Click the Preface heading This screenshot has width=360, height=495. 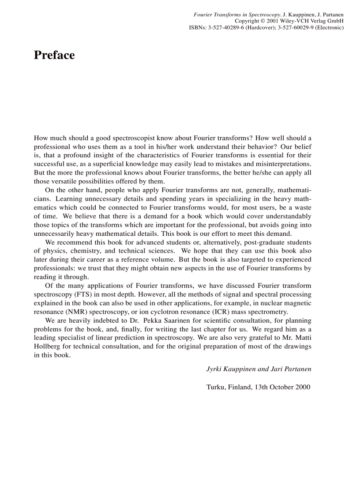pos(54,55)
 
